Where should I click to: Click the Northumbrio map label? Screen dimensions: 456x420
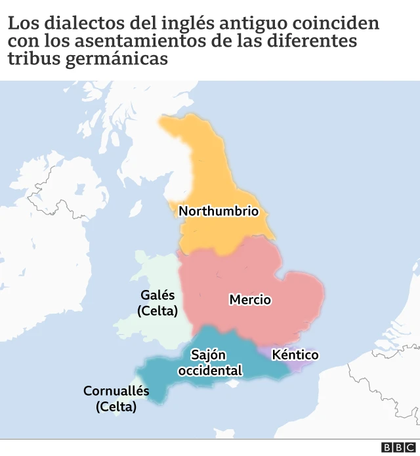click(219, 211)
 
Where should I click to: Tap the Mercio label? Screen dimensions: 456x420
click(250, 300)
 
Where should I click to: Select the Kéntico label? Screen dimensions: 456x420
click(295, 355)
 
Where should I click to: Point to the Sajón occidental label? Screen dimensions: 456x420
click(209, 363)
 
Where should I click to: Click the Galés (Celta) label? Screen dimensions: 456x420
click(157, 302)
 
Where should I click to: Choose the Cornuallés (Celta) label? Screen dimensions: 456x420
click(116, 399)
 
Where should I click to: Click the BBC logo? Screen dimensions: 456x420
click(395, 447)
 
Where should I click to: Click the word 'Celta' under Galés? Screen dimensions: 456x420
click(157, 311)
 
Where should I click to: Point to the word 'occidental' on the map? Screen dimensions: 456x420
click(210, 371)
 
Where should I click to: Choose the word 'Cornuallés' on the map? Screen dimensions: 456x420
click(116, 391)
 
